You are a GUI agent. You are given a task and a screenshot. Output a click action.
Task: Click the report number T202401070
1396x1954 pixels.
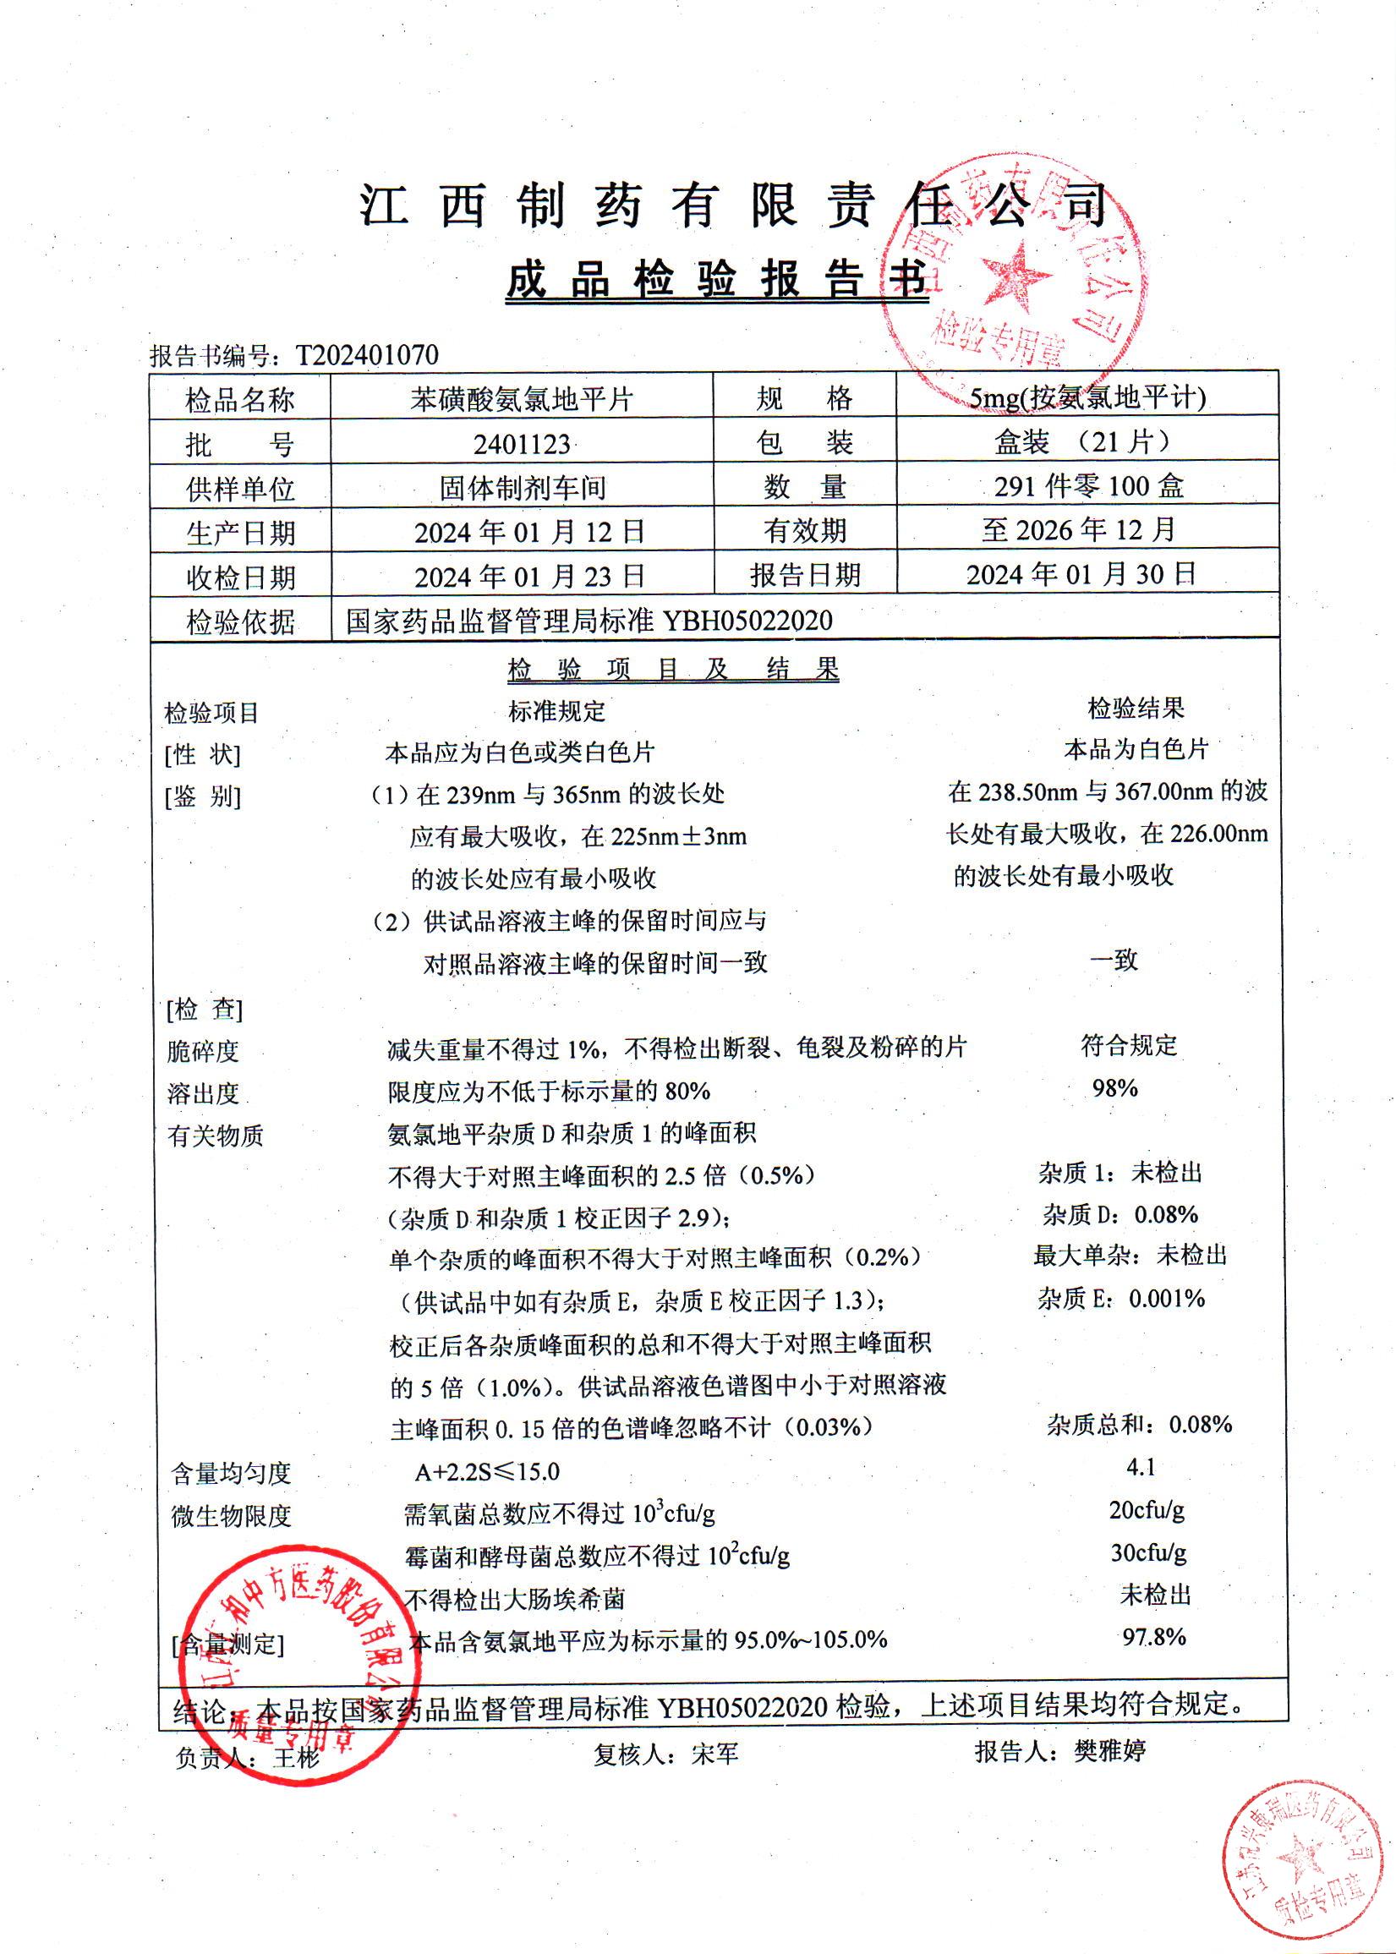pos(367,355)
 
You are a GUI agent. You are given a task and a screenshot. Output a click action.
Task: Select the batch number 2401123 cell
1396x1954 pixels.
pos(522,444)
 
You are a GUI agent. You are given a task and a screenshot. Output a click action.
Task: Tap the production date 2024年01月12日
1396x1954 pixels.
pos(529,532)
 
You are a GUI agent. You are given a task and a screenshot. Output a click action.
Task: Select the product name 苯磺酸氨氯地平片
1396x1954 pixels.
pos(522,399)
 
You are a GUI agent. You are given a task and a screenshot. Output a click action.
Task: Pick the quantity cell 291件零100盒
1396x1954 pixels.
pos(1088,486)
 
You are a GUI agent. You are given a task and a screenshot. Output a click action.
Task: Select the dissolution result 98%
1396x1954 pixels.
pos(1115,1088)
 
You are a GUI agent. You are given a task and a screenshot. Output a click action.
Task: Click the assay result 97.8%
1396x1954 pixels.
pos(1153,1637)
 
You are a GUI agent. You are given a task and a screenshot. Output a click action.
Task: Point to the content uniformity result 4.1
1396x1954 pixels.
pos(1141,1467)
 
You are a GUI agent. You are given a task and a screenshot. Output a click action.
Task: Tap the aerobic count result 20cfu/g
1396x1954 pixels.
pos(1147,1509)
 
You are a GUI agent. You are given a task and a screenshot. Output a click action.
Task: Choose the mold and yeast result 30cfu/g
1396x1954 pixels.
pos(1148,1552)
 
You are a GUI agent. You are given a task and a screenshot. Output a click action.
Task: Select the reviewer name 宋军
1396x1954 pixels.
pos(714,1754)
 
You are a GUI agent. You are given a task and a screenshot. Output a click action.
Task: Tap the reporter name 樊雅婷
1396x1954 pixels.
pos(1109,1751)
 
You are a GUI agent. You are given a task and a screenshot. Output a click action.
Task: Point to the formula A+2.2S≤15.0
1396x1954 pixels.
pos(487,1472)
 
